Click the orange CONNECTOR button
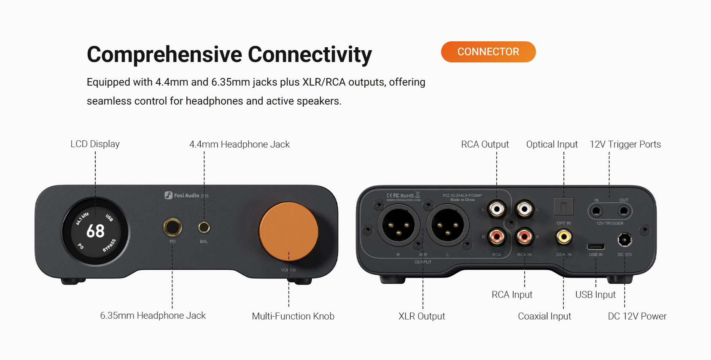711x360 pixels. pyautogui.click(x=488, y=52)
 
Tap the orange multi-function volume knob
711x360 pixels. pyautogui.click(x=288, y=231)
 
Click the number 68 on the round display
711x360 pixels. pyautogui.click(x=95, y=231)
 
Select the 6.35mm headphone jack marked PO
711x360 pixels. pyautogui.click(x=172, y=227)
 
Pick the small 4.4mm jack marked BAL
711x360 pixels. pyautogui.click(x=204, y=227)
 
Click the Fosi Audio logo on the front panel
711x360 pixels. pyautogui.click(x=183, y=195)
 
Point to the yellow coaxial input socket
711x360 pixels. pyautogui.click(x=564, y=236)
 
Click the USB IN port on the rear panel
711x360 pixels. pyautogui.click(x=595, y=247)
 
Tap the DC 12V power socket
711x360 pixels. pyautogui.click(x=625, y=240)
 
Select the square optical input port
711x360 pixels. pyautogui.click(x=563, y=207)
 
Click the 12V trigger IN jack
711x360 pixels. pyautogui.click(x=596, y=210)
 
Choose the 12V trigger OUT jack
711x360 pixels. pyautogui.click(x=624, y=210)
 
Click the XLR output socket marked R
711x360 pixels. pyautogui.click(x=398, y=226)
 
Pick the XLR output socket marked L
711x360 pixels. pyautogui.click(x=447, y=226)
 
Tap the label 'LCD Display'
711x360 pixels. pyautogui.click(x=95, y=144)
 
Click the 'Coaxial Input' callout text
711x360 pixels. pyautogui.click(x=544, y=316)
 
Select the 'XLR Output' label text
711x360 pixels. pyautogui.click(x=422, y=316)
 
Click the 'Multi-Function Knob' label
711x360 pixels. pyautogui.click(x=293, y=316)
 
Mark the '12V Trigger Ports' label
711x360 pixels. pyautogui.click(x=625, y=144)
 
